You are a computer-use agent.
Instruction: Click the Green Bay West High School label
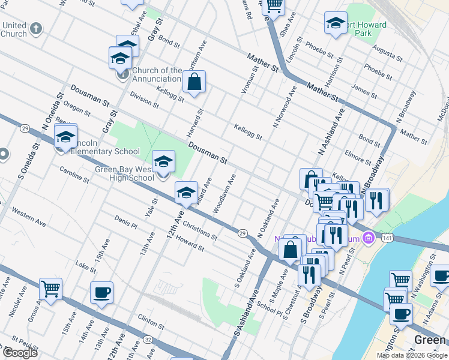coord(125,173)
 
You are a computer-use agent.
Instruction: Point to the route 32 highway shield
coord(148,339)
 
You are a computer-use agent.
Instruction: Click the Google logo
coord(19,353)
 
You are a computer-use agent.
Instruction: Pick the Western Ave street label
coord(28,217)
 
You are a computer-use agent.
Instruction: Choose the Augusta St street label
coord(387,55)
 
